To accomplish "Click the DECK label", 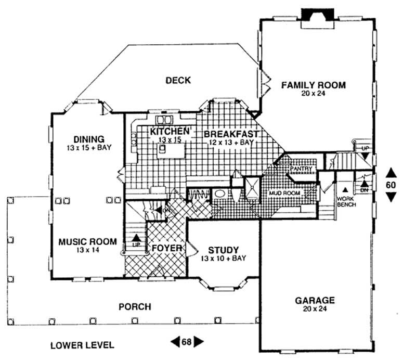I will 178,80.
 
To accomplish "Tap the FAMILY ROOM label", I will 313,85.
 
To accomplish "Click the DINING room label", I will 89,139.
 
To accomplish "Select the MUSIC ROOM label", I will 87,242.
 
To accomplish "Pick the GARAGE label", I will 315,301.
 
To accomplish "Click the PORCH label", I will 134,307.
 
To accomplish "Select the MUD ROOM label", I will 282,193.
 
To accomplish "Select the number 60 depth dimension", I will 391,184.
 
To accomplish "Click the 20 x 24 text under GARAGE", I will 315,310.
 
